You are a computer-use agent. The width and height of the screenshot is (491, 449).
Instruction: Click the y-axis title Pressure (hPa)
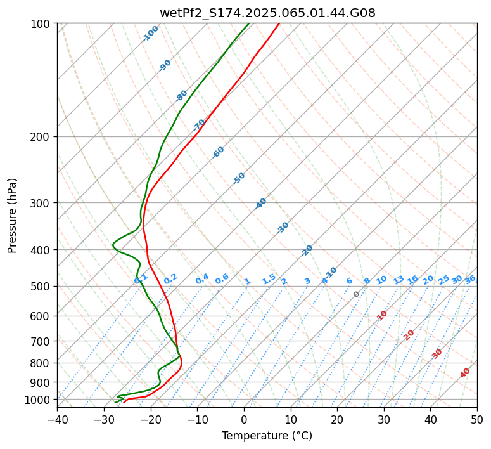12,216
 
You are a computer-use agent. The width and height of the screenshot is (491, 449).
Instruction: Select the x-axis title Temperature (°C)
267,436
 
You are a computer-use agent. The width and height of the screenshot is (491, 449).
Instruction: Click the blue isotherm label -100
151,34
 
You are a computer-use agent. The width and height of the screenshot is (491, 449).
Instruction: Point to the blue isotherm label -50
239,178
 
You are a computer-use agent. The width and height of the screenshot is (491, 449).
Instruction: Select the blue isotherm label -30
283,228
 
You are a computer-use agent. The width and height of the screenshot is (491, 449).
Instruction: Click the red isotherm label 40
465,373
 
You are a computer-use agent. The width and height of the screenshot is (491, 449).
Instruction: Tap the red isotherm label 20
409,334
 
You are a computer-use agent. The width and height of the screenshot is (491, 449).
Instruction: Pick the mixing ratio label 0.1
141,278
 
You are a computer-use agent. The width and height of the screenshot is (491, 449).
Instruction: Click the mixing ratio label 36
470,279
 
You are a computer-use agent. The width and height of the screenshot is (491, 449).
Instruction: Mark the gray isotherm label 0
357,294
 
